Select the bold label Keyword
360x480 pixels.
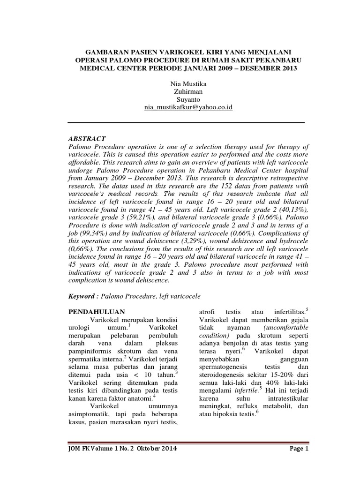click(82, 296)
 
